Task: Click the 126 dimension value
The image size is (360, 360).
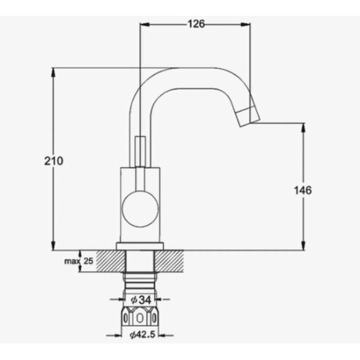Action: tap(196, 24)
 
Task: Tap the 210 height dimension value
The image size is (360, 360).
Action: tap(53, 161)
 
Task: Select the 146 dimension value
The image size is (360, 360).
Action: tap(303, 190)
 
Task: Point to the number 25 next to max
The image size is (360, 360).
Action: tap(88, 261)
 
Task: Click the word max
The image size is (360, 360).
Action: tap(71, 261)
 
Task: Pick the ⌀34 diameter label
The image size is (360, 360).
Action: tap(141, 300)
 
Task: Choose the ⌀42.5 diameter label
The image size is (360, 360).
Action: tap(143, 335)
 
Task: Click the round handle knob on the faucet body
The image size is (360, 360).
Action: tap(140, 208)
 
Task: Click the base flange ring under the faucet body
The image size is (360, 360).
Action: tap(140, 246)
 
